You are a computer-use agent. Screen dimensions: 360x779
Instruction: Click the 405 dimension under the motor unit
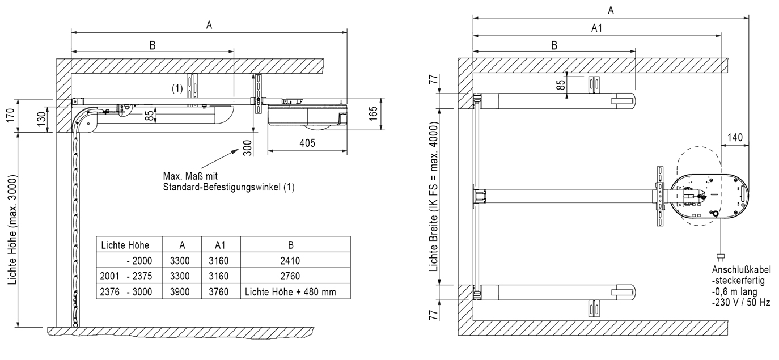pyautogui.click(x=307, y=144)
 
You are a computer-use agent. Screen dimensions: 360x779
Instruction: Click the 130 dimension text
pyautogui.click(x=40, y=119)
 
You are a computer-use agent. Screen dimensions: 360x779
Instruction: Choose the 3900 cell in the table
pyautogui.click(x=181, y=292)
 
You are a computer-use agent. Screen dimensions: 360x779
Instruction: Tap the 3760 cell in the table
pyautogui.click(x=221, y=292)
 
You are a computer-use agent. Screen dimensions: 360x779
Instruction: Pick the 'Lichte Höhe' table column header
pyautogui.click(x=125, y=245)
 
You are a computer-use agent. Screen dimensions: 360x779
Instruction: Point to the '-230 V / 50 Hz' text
pyautogui.click(x=741, y=303)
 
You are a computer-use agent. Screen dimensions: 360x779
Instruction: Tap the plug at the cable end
pyautogui.click(x=719, y=256)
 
